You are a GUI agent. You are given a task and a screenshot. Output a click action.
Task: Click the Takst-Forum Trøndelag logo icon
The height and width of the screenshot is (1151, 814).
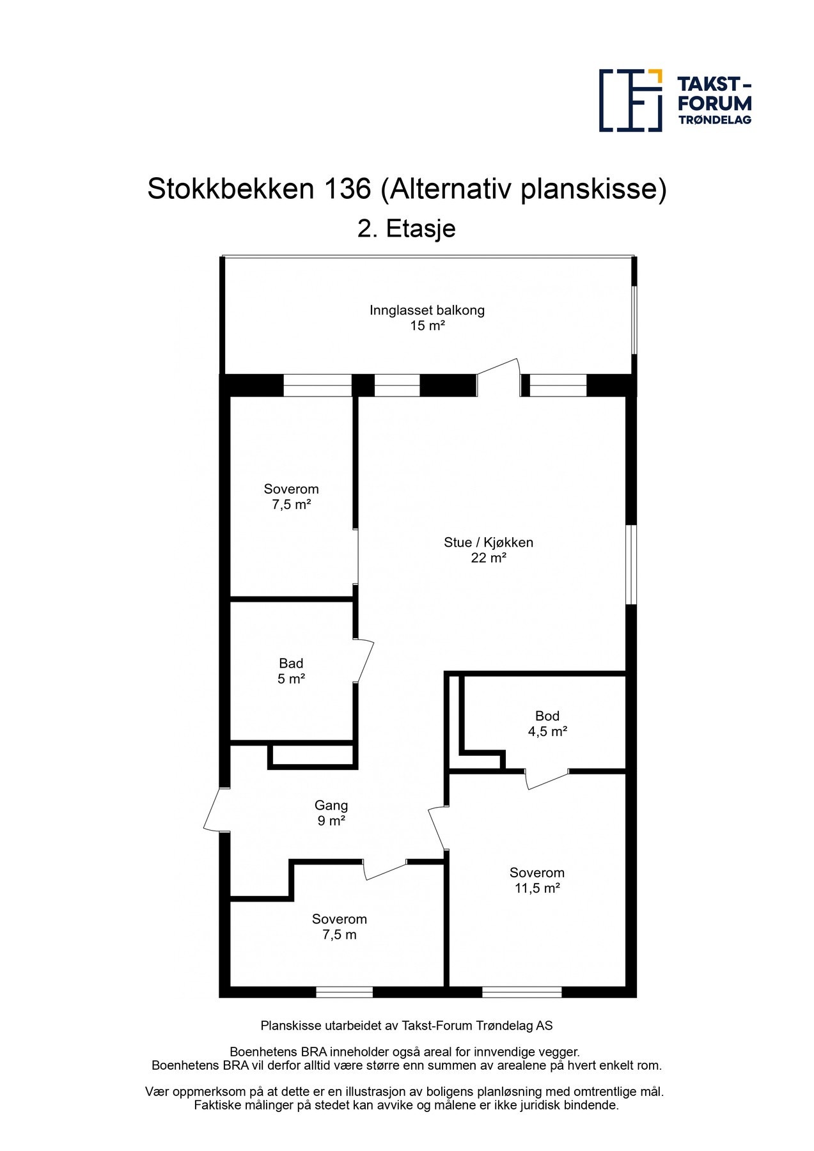[x=630, y=100]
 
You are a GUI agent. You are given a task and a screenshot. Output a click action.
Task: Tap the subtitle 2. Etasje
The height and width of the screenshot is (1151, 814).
[x=406, y=228]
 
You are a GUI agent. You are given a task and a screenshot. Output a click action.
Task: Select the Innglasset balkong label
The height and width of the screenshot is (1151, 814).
[x=427, y=310]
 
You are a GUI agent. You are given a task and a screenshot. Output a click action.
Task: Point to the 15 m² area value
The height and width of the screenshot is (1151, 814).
[x=427, y=325]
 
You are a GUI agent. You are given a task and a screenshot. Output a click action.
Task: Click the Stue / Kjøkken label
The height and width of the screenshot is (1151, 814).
[x=488, y=542]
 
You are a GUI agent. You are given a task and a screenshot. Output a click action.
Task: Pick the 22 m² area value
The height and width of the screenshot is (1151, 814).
[x=488, y=558]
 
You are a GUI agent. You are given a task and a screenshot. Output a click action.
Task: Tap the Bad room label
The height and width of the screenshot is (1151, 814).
[x=291, y=663]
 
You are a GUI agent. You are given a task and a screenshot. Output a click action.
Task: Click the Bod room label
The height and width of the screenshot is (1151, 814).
[x=547, y=716]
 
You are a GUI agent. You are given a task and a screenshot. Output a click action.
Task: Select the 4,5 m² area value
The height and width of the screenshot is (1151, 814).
[x=547, y=732]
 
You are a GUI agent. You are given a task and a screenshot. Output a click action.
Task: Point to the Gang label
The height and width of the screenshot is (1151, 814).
[x=331, y=806]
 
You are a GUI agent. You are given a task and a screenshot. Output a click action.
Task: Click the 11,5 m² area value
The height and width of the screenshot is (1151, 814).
[x=536, y=888]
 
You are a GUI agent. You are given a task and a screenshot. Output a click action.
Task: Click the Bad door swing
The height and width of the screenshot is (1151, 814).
[x=364, y=661]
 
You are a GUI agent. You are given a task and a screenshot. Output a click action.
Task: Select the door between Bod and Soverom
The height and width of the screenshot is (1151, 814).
[x=547, y=779]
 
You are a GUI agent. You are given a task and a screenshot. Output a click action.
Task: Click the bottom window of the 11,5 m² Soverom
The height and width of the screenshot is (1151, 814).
[x=521, y=992]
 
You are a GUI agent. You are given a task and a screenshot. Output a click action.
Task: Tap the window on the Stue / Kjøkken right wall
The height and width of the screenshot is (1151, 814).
[x=631, y=564]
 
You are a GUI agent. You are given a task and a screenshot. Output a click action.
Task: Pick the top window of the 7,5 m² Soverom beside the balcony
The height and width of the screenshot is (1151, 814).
[x=317, y=385]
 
